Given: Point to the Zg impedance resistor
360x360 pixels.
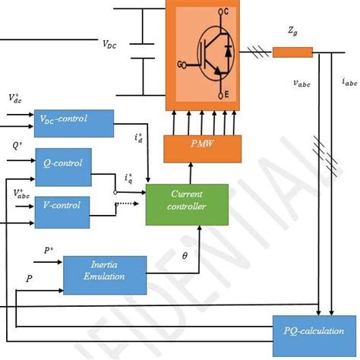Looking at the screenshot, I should point(292,52).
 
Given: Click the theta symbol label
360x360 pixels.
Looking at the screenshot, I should point(184,257).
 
